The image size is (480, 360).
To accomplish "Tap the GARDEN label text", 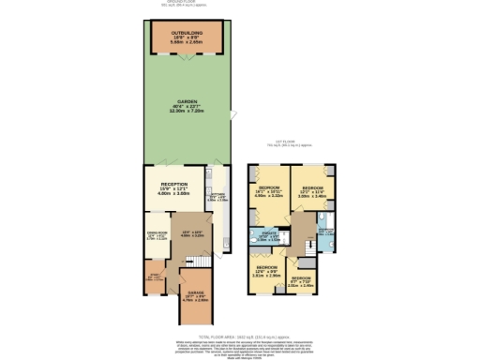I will pyautogui.click(x=187, y=109).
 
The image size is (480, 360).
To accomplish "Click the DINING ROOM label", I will pyautogui.click(x=156, y=236).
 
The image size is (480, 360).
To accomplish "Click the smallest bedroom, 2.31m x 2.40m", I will pyautogui.click(x=300, y=280).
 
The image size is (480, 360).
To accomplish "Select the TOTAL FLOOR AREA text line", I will pyautogui.click(x=241, y=334).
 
